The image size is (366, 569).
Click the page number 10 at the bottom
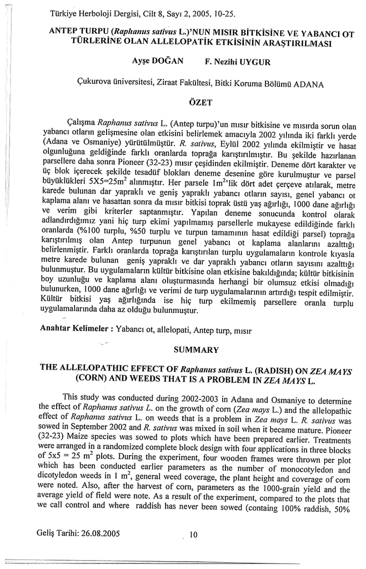193,535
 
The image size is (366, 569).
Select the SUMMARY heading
197,350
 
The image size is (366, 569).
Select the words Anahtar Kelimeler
74,328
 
